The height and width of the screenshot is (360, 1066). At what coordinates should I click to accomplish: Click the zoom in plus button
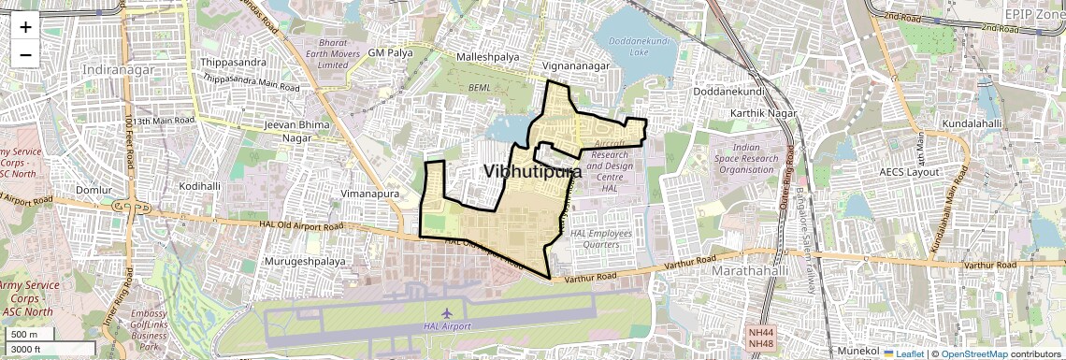(x=25, y=26)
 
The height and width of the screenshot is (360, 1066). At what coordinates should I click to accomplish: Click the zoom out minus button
(x=25, y=54)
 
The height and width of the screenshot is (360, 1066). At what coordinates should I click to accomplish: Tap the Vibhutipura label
(x=533, y=172)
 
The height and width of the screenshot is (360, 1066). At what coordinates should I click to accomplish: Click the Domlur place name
(x=94, y=190)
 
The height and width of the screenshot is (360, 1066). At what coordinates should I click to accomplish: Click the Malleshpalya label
(x=487, y=57)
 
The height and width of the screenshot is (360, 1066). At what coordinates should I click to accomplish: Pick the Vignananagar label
(x=576, y=66)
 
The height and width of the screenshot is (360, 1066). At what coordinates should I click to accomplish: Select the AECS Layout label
(x=909, y=173)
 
